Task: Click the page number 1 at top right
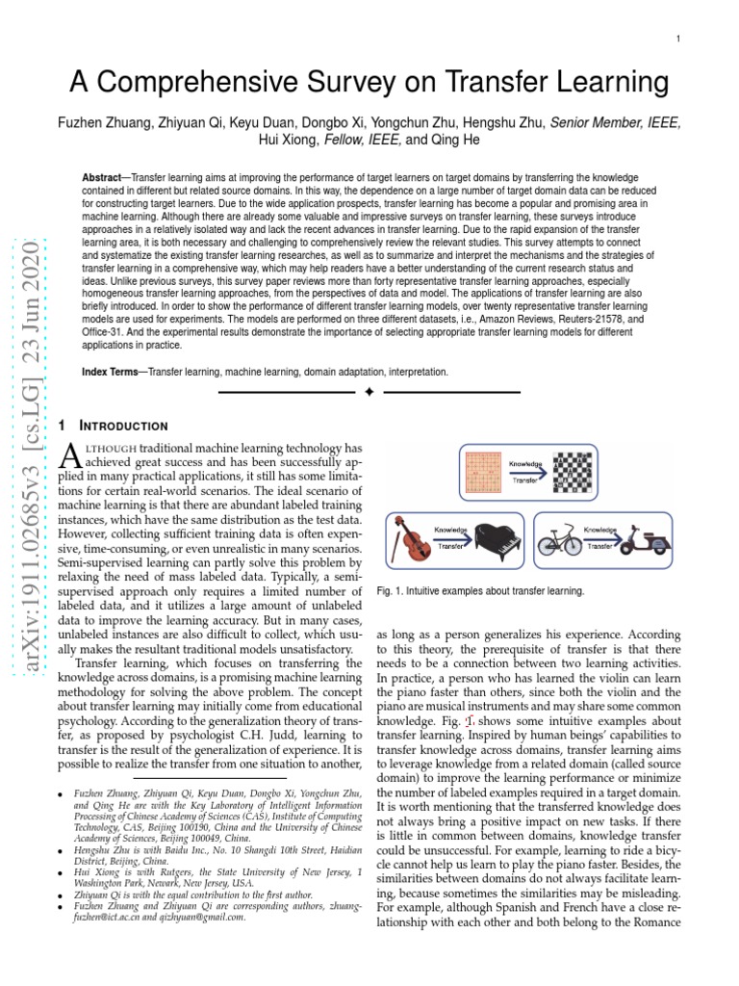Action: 678,38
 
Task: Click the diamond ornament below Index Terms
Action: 369,392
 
